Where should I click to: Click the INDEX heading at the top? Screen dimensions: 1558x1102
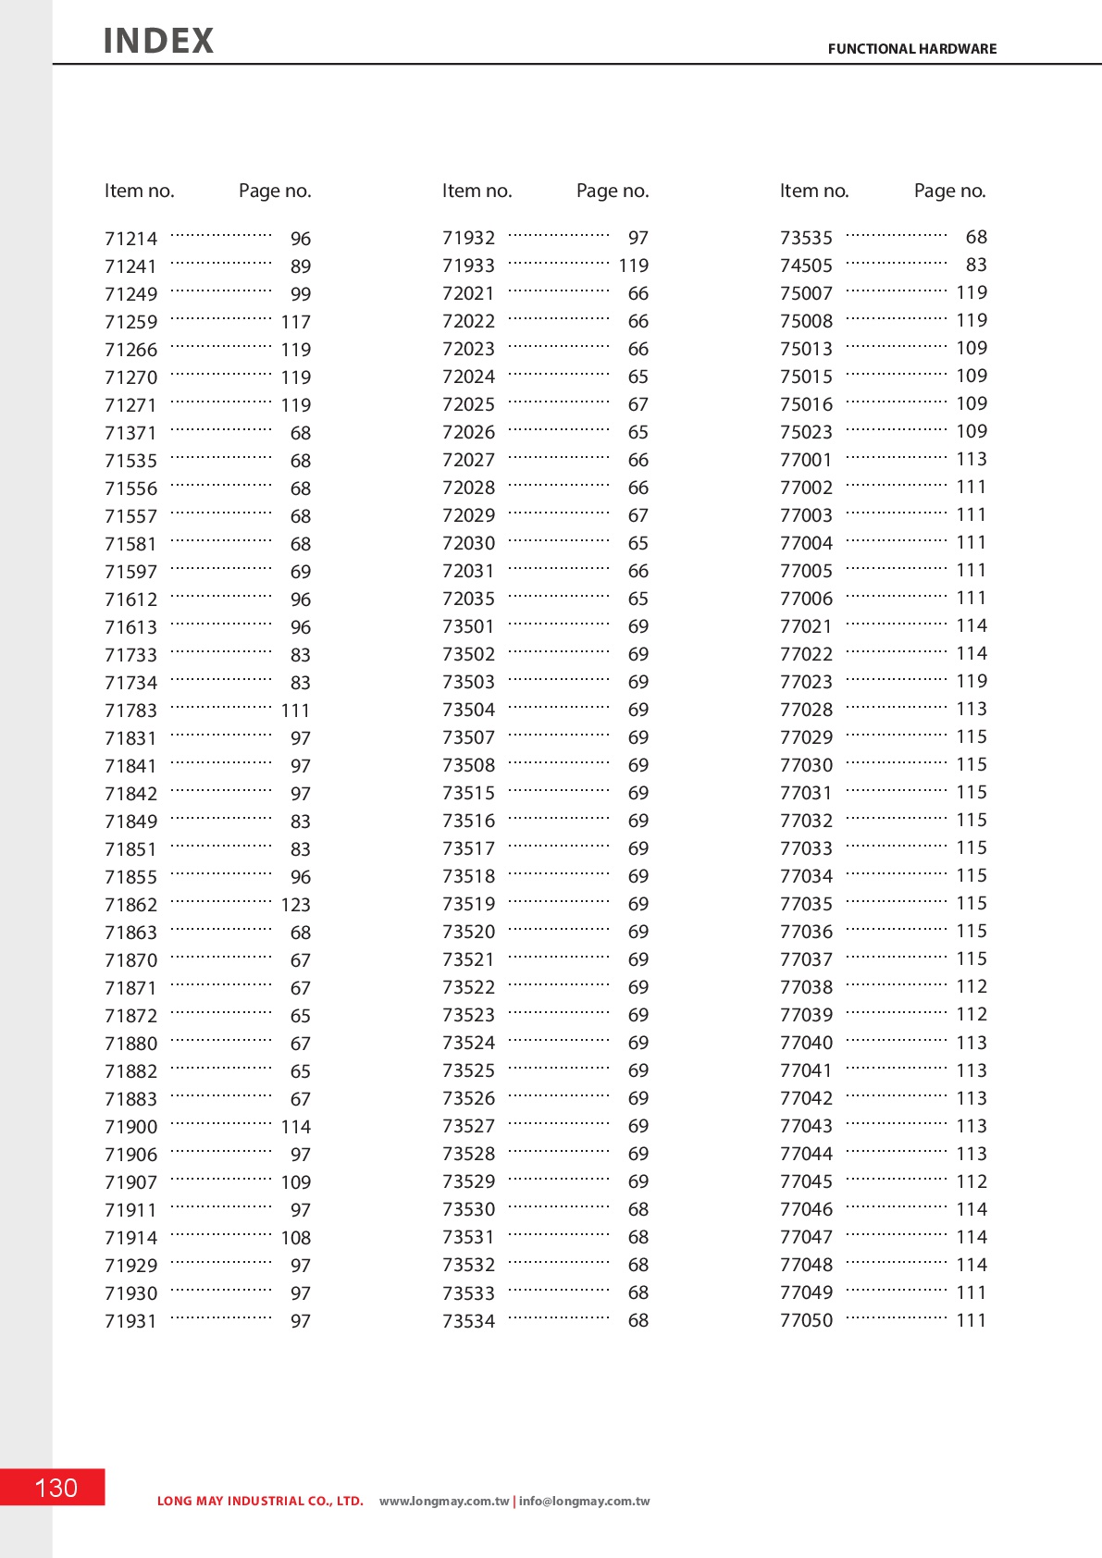[x=158, y=41]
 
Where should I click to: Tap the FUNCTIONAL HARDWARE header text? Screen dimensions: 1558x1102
[x=911, y=49]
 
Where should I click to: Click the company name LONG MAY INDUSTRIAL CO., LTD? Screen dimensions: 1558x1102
[x=260, y=1501]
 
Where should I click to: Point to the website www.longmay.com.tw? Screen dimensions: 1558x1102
[x=444, y=1501]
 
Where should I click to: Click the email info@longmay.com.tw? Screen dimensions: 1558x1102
[x=585, y=1501]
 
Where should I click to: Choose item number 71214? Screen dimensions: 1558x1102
[x=131, y=239]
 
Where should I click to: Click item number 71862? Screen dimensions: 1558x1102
[x=131, y=905]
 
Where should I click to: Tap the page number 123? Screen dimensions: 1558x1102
[x=296, y=905]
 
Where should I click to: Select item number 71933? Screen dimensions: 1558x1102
[x=468, y=266]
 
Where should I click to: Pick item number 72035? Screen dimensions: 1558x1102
[x=468, y=599]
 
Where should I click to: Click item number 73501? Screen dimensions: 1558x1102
[x=468, y=626]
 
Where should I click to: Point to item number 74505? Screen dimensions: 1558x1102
[x=806, y=266]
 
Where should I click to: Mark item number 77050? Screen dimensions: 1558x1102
[x=806, y=1320]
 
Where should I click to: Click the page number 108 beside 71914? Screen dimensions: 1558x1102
[x=296, y=1238]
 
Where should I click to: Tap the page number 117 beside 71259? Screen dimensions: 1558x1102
[x=296, y=322]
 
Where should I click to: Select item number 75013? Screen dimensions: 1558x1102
[x=806, y=349]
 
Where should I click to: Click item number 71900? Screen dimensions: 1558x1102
[x=131, y=1127]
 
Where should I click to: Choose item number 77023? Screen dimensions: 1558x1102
[x=806, y=682]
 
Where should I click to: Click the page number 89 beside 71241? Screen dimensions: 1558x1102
[x=301, y=266]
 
